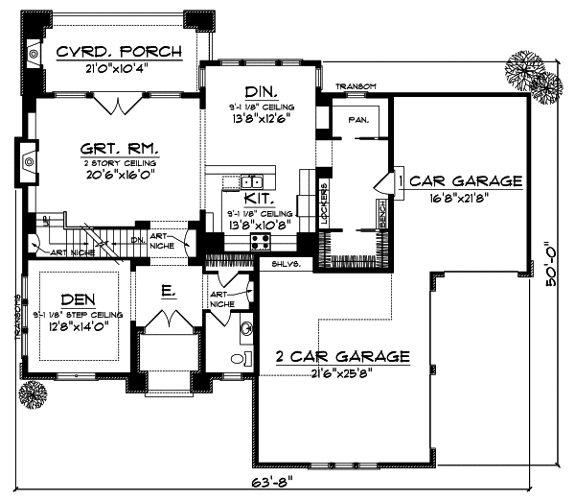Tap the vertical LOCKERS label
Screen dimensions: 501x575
(x=324, y=203)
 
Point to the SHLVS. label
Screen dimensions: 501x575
(x=285, y=262)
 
